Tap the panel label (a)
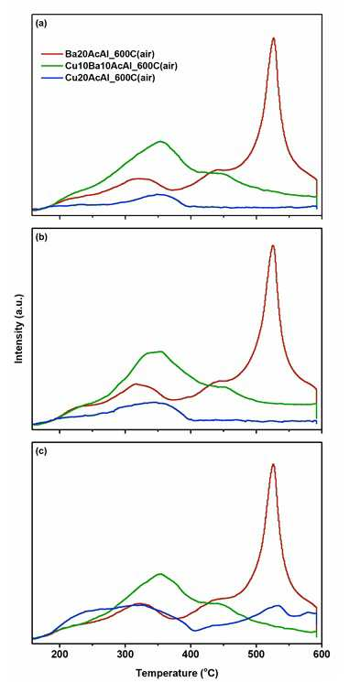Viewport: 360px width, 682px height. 40,25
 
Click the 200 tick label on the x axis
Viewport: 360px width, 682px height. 60,654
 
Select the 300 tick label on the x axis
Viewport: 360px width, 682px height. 125,654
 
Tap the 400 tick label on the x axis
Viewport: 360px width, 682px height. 191,654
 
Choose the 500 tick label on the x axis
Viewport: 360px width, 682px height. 256,654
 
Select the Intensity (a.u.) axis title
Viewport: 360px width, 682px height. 18,328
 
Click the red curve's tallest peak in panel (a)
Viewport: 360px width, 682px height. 273,38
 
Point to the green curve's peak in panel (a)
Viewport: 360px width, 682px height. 161,141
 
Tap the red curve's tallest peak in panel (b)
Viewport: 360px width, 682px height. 273,245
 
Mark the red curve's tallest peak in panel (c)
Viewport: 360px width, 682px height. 273,464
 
